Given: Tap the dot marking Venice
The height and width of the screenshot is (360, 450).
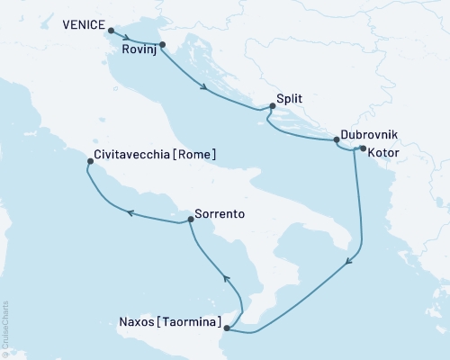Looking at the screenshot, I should [x=112, y=31].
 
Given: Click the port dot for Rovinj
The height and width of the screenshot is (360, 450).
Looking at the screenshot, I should [x=162, y=44].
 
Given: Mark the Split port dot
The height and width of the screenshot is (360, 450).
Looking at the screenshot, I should [x=273, y=106].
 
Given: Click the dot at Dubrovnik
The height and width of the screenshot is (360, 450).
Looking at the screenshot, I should [x=337, y=139].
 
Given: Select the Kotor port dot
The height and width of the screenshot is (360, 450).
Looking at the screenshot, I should [x=362, y=148].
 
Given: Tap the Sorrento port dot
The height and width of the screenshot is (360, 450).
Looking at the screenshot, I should [x=190, y=219].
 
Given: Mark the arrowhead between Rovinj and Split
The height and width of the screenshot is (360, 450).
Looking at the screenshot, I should [x=208, y=88].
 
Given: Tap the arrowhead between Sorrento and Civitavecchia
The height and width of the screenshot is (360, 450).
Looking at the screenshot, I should [x=130, y=213].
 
